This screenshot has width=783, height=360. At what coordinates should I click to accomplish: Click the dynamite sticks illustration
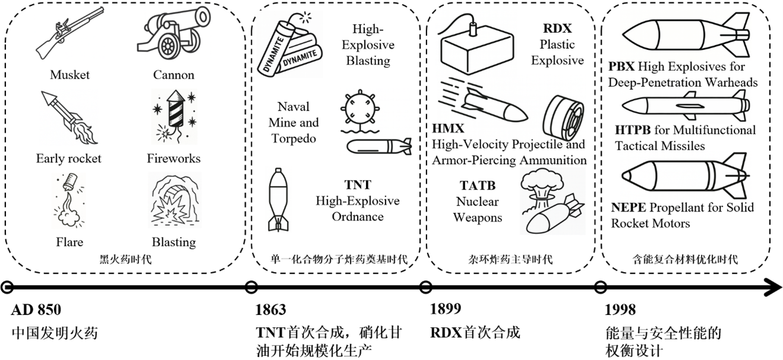click(x=291, y=46)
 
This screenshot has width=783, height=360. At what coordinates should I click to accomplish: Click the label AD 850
click(x=36, y=310)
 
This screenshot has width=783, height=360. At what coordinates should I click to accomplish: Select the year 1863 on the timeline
click(x=270, y=310)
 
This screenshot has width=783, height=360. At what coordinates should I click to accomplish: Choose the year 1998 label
click(x=620, y=310)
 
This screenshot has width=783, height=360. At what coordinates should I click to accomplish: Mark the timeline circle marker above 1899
click(x=425, y=288)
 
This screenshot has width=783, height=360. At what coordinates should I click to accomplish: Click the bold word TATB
click(x=477, y=187)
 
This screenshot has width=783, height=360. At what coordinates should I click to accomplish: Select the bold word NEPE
click(x=628, y=207)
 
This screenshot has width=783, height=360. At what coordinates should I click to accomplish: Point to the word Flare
click(x=69, y=242)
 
